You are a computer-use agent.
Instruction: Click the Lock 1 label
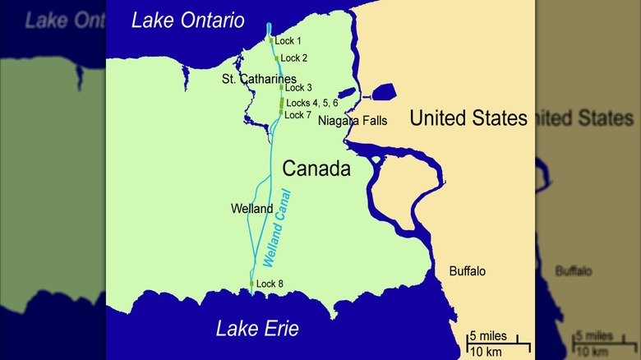(288, 41)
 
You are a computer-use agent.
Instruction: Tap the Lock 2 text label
(293, 58)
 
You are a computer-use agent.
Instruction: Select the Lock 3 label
(297, 88)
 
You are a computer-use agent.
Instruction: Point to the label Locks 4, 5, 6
(311, 104)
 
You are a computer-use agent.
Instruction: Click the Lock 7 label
(297, 115)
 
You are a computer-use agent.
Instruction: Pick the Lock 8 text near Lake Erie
(270, 284)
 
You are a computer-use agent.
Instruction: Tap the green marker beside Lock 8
(251, 284)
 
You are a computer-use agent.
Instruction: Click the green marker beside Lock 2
(277, 58)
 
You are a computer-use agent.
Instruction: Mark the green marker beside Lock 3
(281, 87)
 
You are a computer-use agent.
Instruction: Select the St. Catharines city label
(259, 79)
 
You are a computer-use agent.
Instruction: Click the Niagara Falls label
(353, 122)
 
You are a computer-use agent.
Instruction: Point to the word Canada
(316, 169)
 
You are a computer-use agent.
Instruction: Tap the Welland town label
(252, 209)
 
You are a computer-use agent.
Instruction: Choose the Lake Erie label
(257, 330)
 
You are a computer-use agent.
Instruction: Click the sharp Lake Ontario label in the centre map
(189, 21)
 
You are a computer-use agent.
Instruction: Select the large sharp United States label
(468, 118)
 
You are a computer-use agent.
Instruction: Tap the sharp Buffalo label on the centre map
(467, 270)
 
